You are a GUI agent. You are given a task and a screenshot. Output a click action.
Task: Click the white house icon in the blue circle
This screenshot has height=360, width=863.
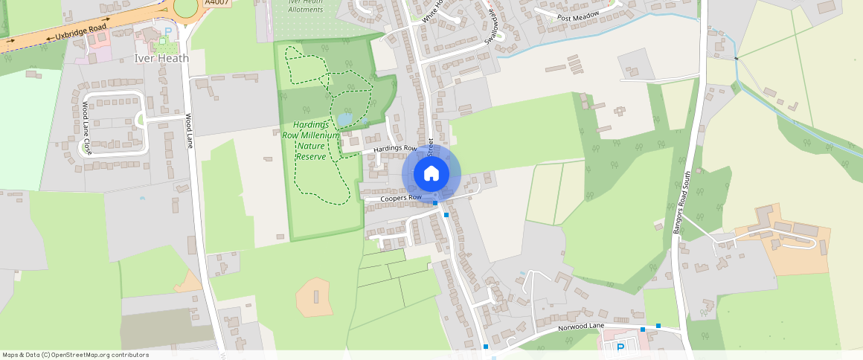pos(431,174)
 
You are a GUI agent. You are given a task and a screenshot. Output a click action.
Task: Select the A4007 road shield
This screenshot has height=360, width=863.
pos(216,2)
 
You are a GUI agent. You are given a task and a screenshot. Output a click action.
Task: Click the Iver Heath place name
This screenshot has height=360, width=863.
pos(161,58)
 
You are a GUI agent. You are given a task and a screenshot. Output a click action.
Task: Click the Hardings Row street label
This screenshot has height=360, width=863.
pos(395,149)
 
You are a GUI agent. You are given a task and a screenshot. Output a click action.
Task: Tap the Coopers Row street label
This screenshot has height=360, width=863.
pos(401,199)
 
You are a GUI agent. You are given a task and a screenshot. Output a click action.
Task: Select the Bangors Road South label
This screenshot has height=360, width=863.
pos(682,203)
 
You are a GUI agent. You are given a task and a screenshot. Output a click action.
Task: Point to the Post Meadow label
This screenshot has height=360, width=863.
pos(578,16)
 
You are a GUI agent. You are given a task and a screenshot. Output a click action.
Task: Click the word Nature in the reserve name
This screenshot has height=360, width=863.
pos(311,147)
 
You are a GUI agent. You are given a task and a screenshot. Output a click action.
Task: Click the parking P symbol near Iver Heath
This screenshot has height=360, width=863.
pos(167,31)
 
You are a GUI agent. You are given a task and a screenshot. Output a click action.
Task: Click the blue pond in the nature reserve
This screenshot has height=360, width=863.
pos(344,119)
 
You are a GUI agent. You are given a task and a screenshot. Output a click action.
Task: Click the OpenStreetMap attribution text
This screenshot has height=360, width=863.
pos(75,355)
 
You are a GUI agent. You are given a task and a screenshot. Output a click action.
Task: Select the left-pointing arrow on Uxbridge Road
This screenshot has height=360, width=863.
pos(51,37)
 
